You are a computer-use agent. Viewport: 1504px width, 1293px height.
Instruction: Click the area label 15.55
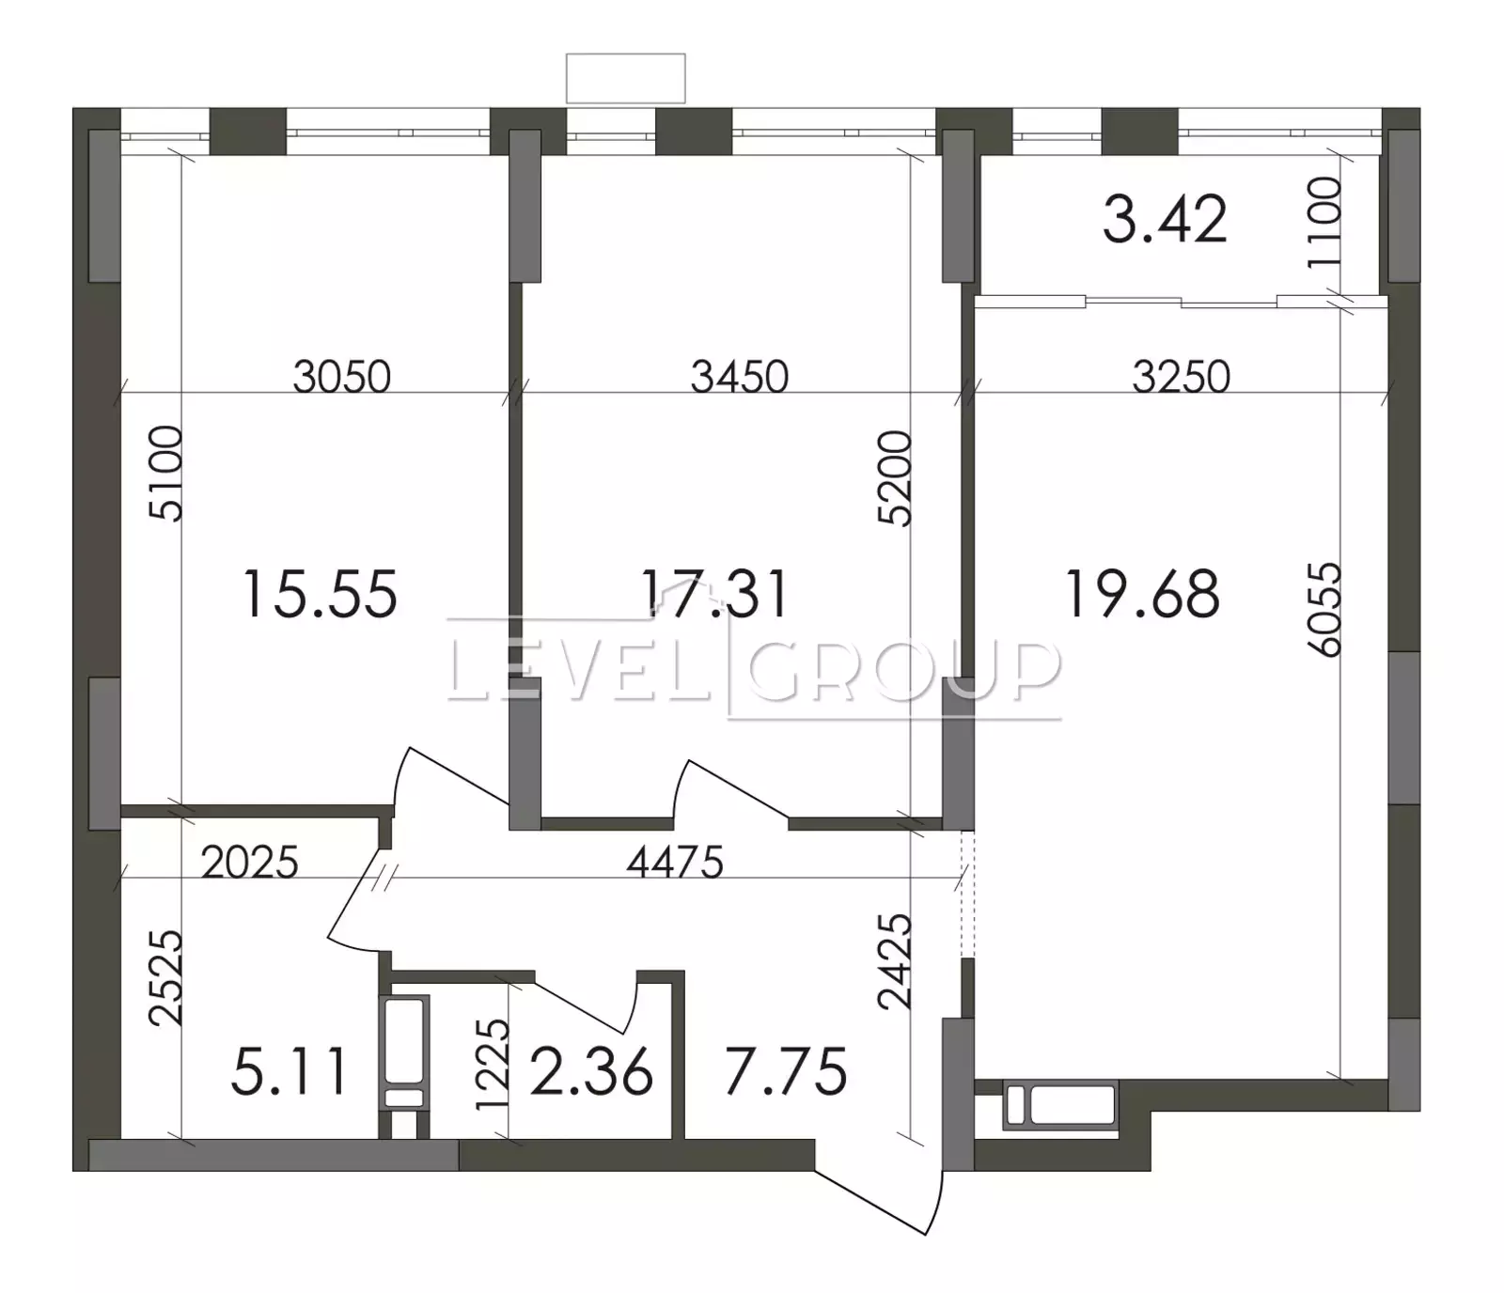(x=321, y=594)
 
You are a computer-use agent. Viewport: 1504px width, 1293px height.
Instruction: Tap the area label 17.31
(x=714, y=594)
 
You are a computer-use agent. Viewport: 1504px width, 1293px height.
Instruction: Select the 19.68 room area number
(x=1142, y=594)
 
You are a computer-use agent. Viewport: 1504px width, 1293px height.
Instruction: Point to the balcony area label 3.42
(x=1165, y=220)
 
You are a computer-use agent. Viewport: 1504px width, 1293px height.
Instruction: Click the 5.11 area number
(x=290, y=1072)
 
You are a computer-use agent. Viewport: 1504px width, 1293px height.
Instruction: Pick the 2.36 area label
(x=591, y=1072)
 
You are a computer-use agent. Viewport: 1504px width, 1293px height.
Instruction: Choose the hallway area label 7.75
(x=786, y=1072)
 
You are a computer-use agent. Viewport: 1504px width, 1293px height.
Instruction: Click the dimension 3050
(x=341, y=377)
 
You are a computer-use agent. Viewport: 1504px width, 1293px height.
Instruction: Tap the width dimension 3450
(x=740, y=377)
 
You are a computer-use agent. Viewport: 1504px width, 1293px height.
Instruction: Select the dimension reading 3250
(x=1182, y=377)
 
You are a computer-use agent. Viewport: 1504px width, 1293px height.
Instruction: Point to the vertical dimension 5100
(x=165, y=473)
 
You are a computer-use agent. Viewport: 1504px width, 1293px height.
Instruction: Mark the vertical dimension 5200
(x=895, y=477)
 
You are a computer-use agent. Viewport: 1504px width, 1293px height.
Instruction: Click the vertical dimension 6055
(x=1324, y=609)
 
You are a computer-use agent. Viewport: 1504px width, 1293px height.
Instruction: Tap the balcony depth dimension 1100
(x=1324, y=222)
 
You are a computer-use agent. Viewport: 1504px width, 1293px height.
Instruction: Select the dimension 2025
(x=250, y=863)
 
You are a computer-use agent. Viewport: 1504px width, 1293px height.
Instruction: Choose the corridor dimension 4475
(x=675, y=863)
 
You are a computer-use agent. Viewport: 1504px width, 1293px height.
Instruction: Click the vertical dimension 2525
(x=165, y=977)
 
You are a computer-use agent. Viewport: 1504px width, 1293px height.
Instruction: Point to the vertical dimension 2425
(x=895, y=961)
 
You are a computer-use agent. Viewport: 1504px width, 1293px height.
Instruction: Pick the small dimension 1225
(x=493, y=1065)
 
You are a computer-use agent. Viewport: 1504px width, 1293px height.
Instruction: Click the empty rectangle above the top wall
(x=625, y=78)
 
